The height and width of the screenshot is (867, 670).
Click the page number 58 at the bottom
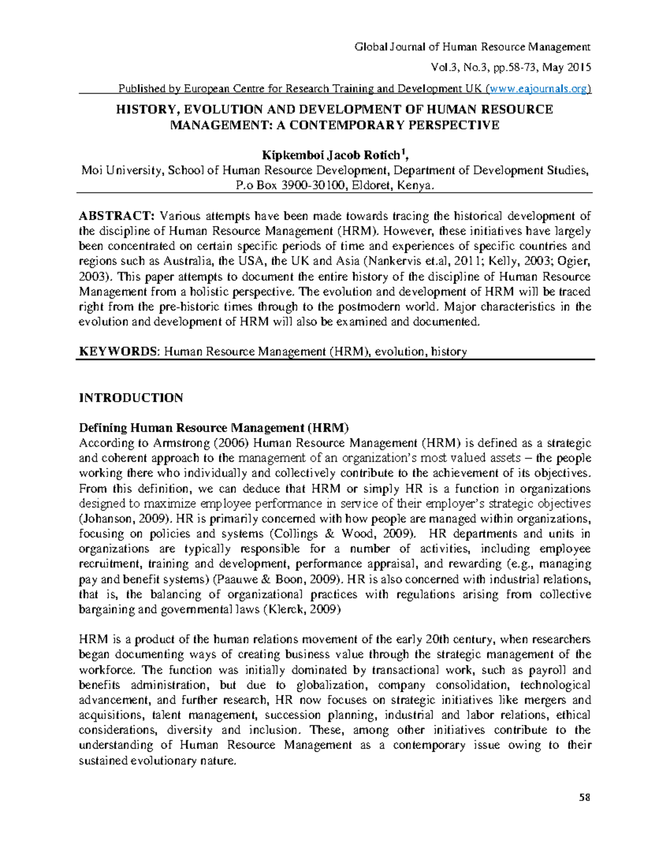[585, 797]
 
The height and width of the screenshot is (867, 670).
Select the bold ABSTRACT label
[116, 216]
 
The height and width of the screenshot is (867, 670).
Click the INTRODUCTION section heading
[131, 398]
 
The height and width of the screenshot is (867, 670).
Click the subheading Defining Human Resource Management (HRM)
[214, 428]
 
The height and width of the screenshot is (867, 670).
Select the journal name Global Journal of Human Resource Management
[472, 47]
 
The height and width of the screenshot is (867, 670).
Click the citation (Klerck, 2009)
[301, 609]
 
